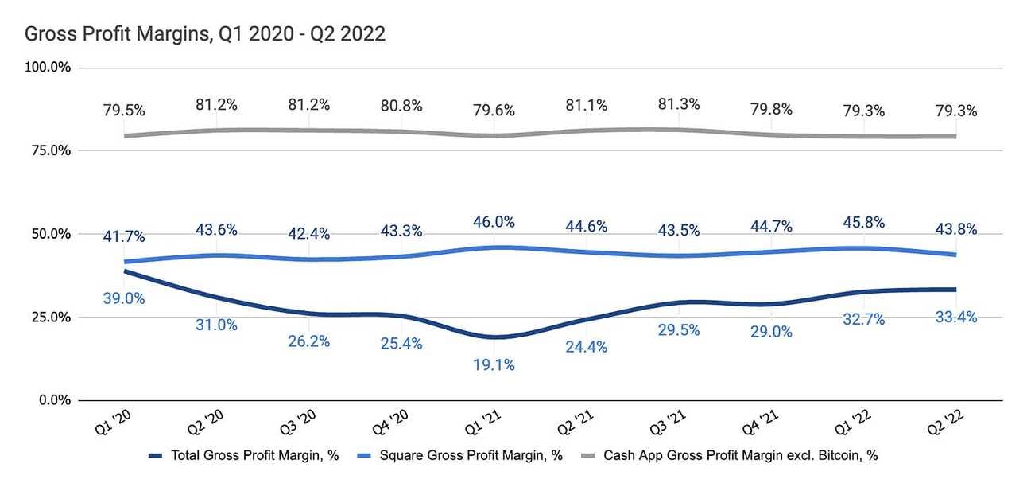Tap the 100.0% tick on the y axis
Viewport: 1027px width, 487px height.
tap(48, 68)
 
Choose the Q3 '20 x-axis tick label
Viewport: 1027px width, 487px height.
tap(299, 429)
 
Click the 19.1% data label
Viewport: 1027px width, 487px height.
tap(494, 365)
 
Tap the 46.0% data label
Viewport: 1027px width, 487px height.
tap(494, 222)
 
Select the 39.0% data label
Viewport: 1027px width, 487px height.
tap(123, 299)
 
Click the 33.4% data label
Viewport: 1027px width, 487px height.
tap(955, 318)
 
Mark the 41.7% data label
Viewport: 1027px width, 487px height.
tap(123, 237)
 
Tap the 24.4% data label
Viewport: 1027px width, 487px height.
tap(587, 347)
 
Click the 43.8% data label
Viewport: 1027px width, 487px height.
tap(955, 228)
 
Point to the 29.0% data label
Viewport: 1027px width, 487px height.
tap(771, 332)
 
